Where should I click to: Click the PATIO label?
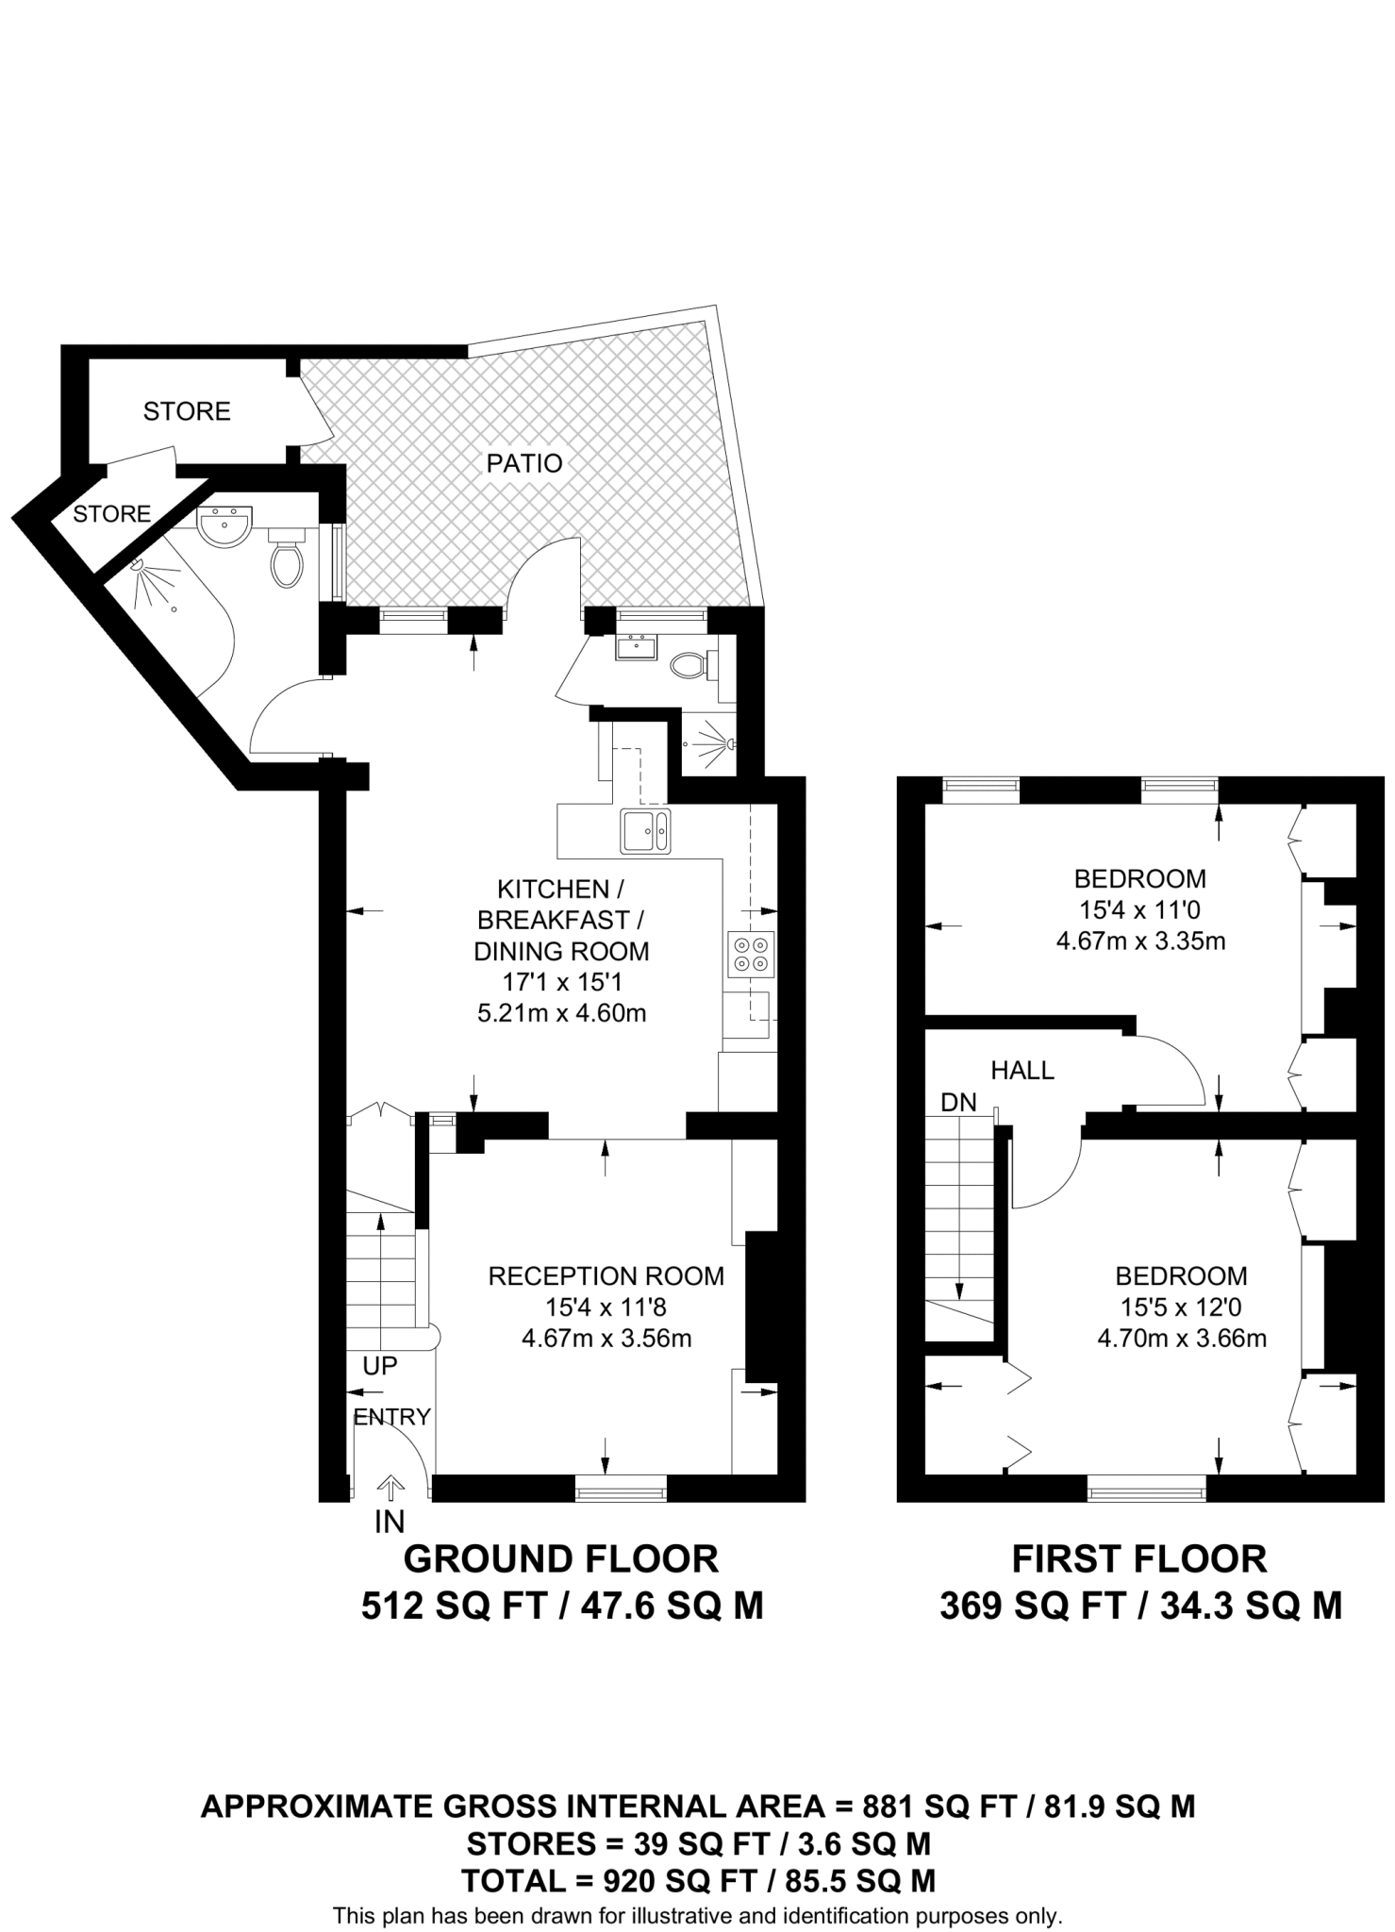click(x=524, y=463)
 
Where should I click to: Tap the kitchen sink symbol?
click(x=645, y=830)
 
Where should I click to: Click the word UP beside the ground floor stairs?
click(x=379, y=1365)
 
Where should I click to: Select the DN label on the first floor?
click(x=958, y=1102)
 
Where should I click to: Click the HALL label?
click(x=1022, y=1070)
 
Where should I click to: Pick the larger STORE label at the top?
click(x=187, y=411)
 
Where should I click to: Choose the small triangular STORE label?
click(x=111, y=513)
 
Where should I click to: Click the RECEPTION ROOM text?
click(x=606, y=1275)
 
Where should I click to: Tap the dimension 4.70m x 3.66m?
click(x=1181, y=1338)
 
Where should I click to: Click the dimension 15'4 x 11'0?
click(x=1139, y=909)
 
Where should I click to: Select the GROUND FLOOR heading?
click(x=561, y=1558)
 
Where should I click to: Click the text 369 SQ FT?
click(x=1033, y=1606)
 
